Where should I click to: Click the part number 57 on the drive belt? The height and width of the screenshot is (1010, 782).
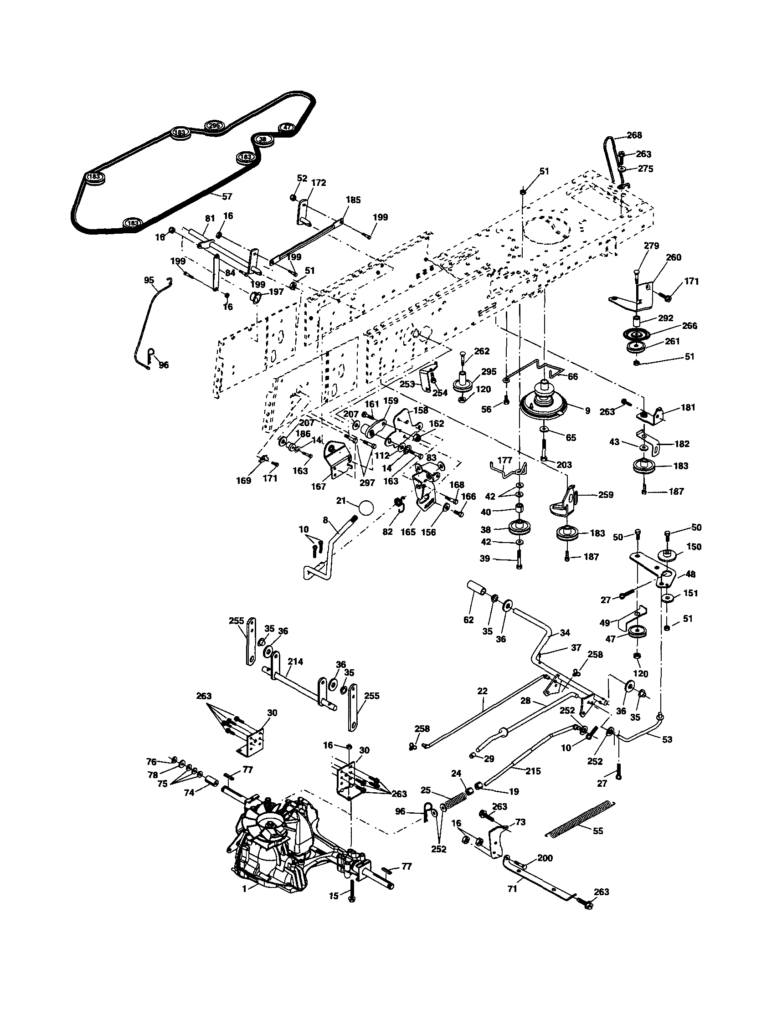(x=227, y=196)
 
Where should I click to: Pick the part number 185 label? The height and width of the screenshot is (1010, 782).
(x=353, y=200)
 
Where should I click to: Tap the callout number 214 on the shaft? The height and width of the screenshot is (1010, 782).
(x=295, y=662)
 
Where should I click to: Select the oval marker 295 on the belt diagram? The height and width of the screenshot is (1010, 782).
(x=214, y=125)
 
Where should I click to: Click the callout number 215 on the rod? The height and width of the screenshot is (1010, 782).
(x=533, y=771)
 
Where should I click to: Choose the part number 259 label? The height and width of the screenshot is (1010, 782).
(x=605, y=494)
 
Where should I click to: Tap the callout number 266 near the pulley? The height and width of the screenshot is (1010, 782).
(x=689, y=326)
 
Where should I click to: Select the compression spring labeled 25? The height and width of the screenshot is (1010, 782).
(x=455, y=800)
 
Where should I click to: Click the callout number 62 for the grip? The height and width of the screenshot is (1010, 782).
(x=468, y=620)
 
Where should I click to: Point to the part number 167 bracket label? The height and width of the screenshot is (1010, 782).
(x=319, y=486)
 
